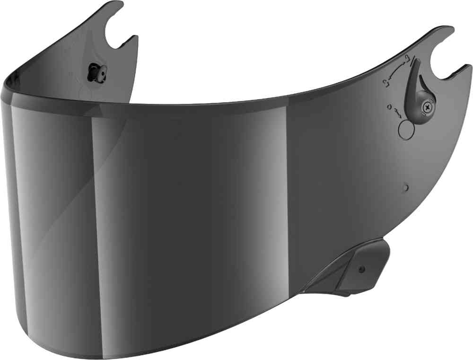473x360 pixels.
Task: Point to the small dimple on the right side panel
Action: tap(405, 188)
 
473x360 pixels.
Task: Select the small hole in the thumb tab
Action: tap(362, 270)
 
